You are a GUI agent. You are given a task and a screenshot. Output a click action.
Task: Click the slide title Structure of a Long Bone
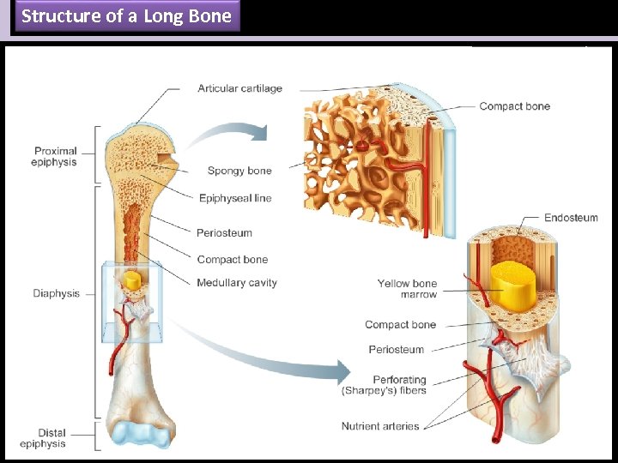pyautogui.click(x=126, y=16)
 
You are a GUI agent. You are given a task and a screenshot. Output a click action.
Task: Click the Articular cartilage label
pyautogui.click(x=239, y=88)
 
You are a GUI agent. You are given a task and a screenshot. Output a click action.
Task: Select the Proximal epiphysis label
pyautogui.click(x=54, y=157)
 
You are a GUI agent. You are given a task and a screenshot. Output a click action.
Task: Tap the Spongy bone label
pyautogui.click(x=239, y=171)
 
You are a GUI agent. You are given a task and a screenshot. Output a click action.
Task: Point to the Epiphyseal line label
pyautogui.click(x=235, y=198)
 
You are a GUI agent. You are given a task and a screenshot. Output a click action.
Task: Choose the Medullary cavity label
pyautogui.click(x=237, y=283)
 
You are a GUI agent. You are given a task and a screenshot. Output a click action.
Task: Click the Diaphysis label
pyautogui.click(x=57, y=293)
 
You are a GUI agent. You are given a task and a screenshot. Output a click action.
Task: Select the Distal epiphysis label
pyautogui.click(x=42, y=438)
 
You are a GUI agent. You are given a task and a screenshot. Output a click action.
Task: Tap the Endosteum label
pyautogui.click(x=571, y=218)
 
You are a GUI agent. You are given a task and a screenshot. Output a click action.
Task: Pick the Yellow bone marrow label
pyautogui.click(x=407, y=289)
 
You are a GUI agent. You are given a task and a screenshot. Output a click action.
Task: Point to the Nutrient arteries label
pyautogui.click(x=380, y=426)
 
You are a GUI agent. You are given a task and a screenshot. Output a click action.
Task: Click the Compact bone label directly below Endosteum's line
pyautogui.click(x=400, y=325)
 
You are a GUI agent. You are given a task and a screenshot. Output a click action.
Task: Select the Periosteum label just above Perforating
pyautogui.click(x=396, y=350)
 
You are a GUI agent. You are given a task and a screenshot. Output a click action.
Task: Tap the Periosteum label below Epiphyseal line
pyautogui.click(x=224, y=232)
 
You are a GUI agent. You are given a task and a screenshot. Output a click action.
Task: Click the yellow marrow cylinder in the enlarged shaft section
pyautogui.click(x=514, y=286)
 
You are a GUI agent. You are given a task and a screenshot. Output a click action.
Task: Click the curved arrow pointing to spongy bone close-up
pyautogui.click(x=228, y=135)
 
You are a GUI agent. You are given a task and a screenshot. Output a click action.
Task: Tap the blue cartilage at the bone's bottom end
pyautogui.click(x=136, y=433)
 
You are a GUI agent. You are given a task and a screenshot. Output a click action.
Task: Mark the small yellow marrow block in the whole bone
pyautogui.click(x=132, y=280)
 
